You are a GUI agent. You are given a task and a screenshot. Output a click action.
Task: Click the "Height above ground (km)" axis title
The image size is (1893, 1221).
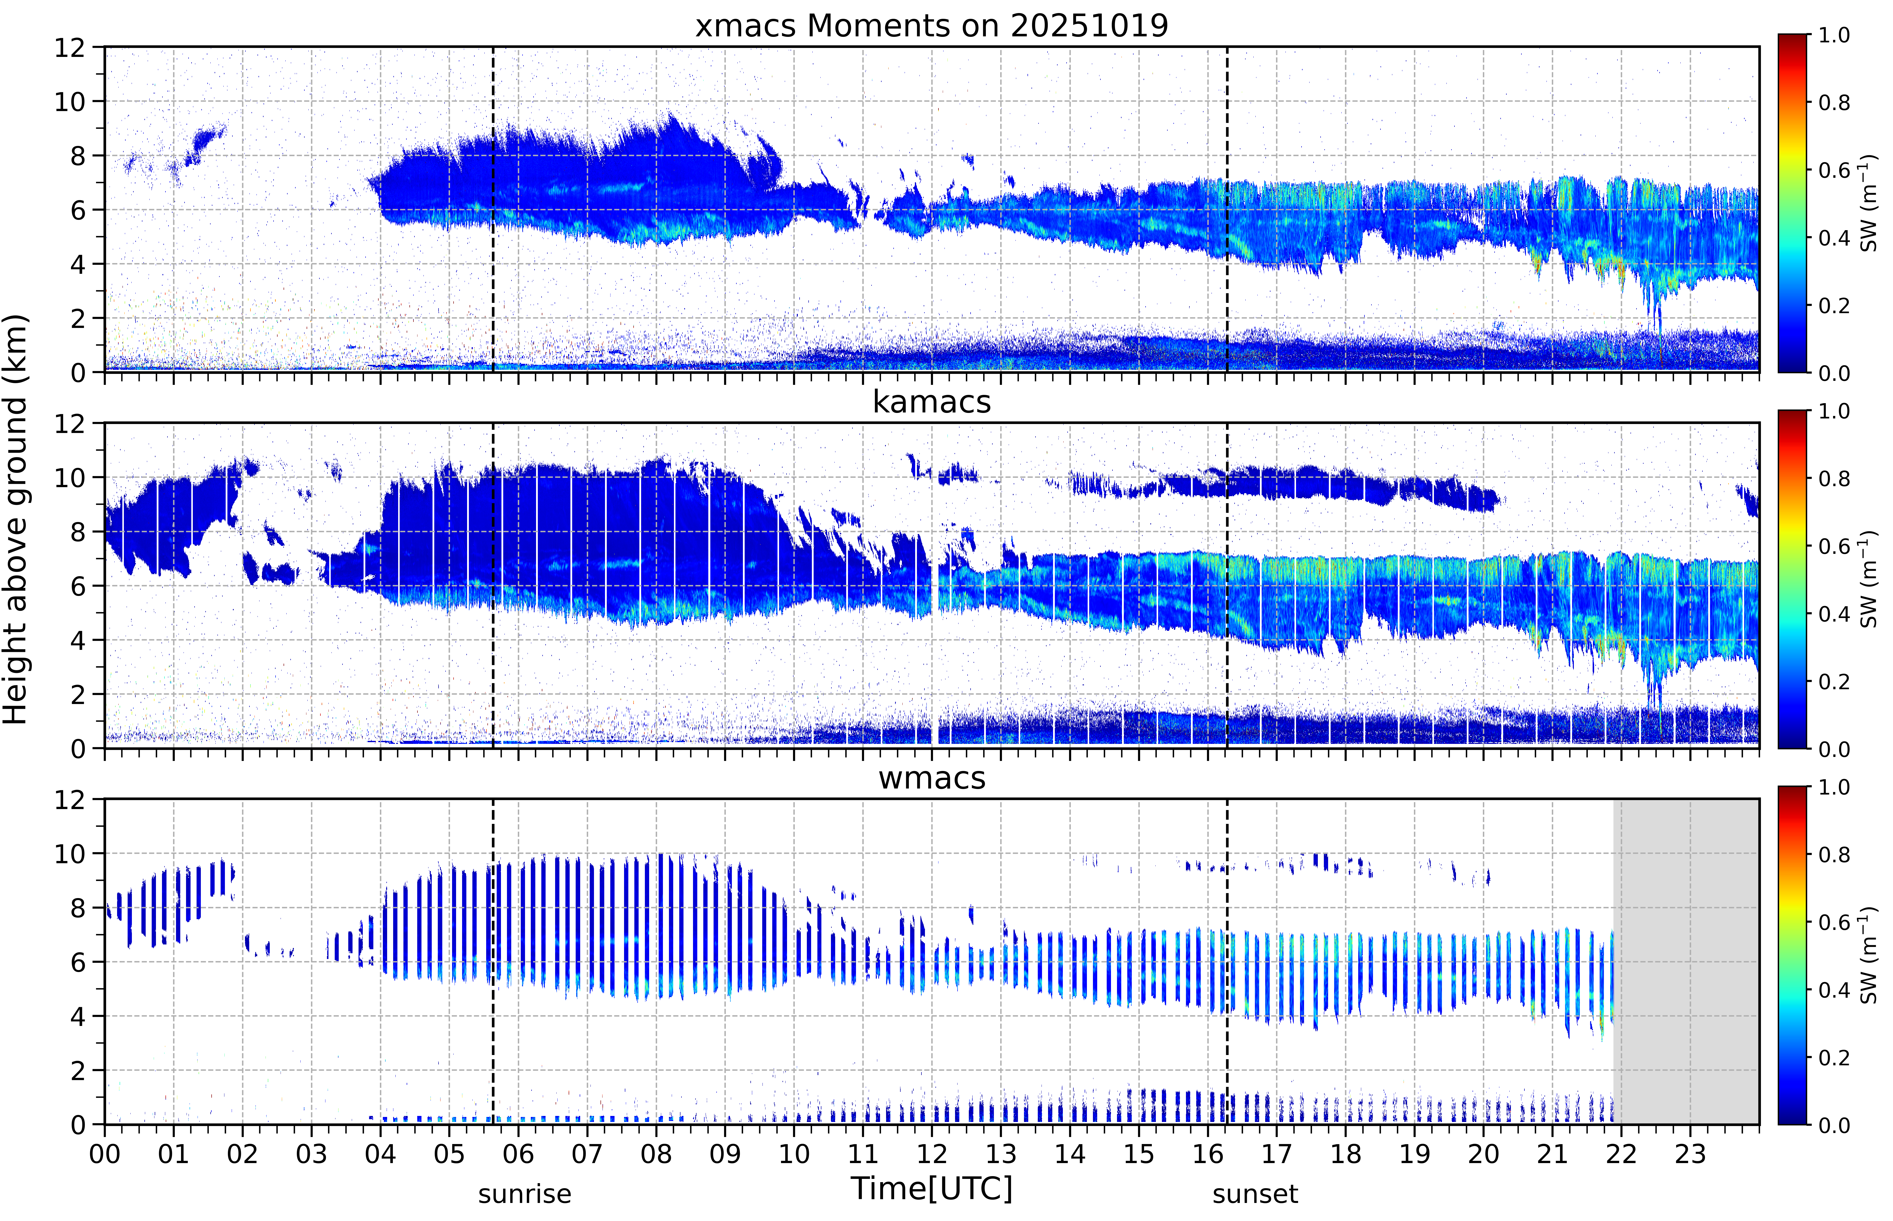16,519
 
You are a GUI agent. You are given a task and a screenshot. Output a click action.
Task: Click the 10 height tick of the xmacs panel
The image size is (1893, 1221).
70,102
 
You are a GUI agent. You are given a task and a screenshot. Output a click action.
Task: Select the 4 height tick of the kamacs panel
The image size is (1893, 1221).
78,640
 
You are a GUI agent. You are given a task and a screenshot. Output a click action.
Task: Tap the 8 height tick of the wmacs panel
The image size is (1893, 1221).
78,908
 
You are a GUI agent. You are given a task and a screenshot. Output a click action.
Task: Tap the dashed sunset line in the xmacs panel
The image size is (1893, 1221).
1227,209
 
